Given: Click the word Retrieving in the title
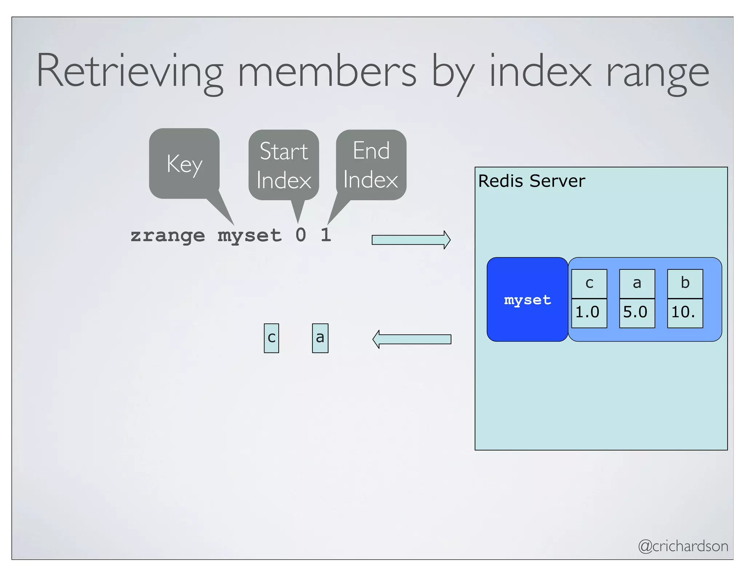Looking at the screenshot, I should click(130, 71).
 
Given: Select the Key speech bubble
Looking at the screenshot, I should click(184, 164).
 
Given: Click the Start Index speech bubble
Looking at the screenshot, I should click(284, 165).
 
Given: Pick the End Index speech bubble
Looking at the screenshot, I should click(371, 165).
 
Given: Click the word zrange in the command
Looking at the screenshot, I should click(168, 235).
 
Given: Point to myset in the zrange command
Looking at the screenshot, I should click(250, 235).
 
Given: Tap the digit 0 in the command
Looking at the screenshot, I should click(301, 235).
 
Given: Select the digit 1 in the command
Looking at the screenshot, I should click(326, 235).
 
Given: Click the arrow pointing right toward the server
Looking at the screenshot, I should click(411, 240).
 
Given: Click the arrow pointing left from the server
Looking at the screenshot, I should click(412, 339).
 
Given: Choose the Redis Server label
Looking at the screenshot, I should click(531, 181).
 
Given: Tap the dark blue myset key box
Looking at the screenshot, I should click(527, 300).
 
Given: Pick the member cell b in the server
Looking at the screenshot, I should click(685, 283).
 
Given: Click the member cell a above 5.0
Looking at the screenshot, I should click(637, 283).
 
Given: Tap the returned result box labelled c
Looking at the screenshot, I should click(271, 338).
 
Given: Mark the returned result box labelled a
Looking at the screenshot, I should click(320, 338).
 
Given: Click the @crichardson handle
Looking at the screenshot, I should click(683, 546).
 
